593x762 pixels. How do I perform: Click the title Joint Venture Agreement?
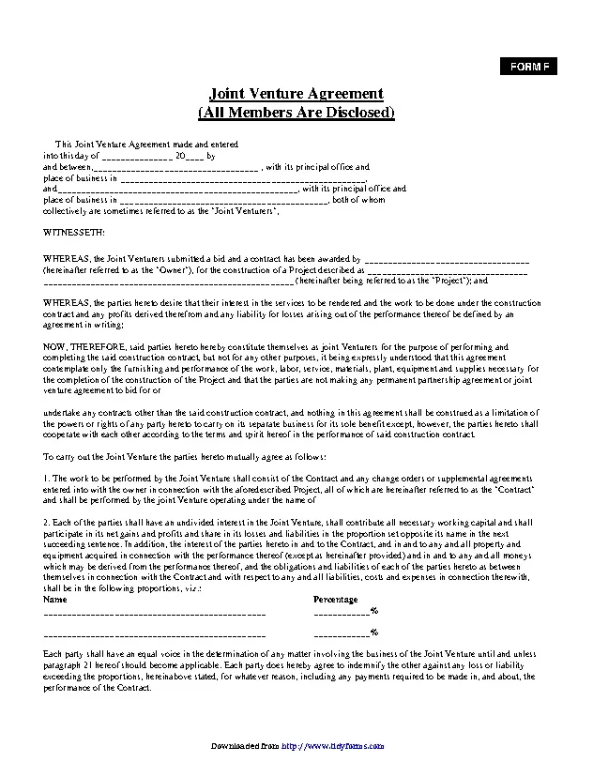click(x=296, y=94)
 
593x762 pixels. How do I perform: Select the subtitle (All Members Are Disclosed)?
click(x=296, y=113)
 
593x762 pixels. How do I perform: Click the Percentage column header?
click(x=335, y=599)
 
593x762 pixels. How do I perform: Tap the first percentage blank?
click(x=342, y=612)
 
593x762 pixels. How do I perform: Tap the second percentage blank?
click(x=342, y=633)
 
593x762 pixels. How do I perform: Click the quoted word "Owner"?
click(x=152, y=269)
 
